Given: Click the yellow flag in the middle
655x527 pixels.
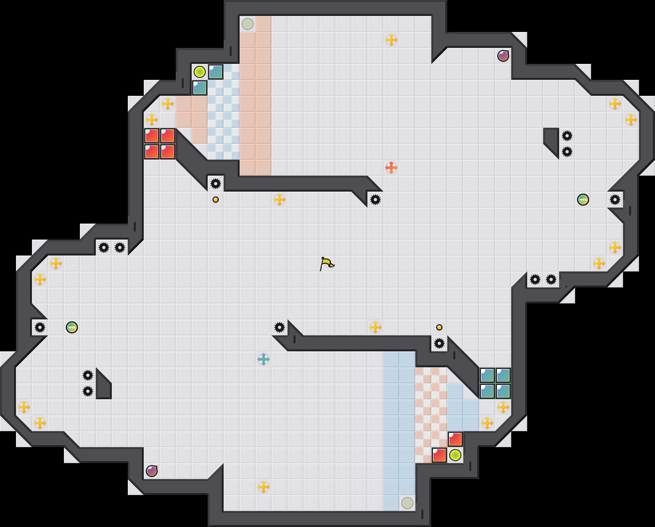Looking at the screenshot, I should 327,263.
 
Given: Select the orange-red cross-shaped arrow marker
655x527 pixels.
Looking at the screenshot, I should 391,167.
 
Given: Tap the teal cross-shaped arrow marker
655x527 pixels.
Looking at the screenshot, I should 263,359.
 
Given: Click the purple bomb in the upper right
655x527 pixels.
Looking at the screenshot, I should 503,56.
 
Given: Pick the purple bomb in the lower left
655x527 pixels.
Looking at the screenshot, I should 151,471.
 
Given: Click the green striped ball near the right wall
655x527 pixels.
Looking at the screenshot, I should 583,200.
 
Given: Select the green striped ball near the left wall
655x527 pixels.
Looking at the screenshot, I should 72,327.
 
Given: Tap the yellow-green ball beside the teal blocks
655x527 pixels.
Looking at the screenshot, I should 200,72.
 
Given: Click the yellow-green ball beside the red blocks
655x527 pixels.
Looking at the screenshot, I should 455,455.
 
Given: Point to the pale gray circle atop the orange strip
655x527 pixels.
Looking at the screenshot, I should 248,24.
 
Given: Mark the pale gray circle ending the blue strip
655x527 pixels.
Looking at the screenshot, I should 407,503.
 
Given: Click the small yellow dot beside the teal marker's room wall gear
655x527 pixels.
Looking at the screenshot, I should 439,327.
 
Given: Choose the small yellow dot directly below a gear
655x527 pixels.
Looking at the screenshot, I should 216,200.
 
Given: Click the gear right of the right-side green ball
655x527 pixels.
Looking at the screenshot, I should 615,200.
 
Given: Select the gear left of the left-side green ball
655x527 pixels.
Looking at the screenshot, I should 40,327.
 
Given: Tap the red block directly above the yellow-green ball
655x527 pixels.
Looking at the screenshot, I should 455,439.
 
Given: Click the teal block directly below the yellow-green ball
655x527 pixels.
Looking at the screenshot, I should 200,88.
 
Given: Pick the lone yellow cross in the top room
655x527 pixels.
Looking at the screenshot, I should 391,40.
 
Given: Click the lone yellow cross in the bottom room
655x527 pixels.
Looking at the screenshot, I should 263,487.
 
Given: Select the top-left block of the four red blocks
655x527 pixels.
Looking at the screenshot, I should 152,136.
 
